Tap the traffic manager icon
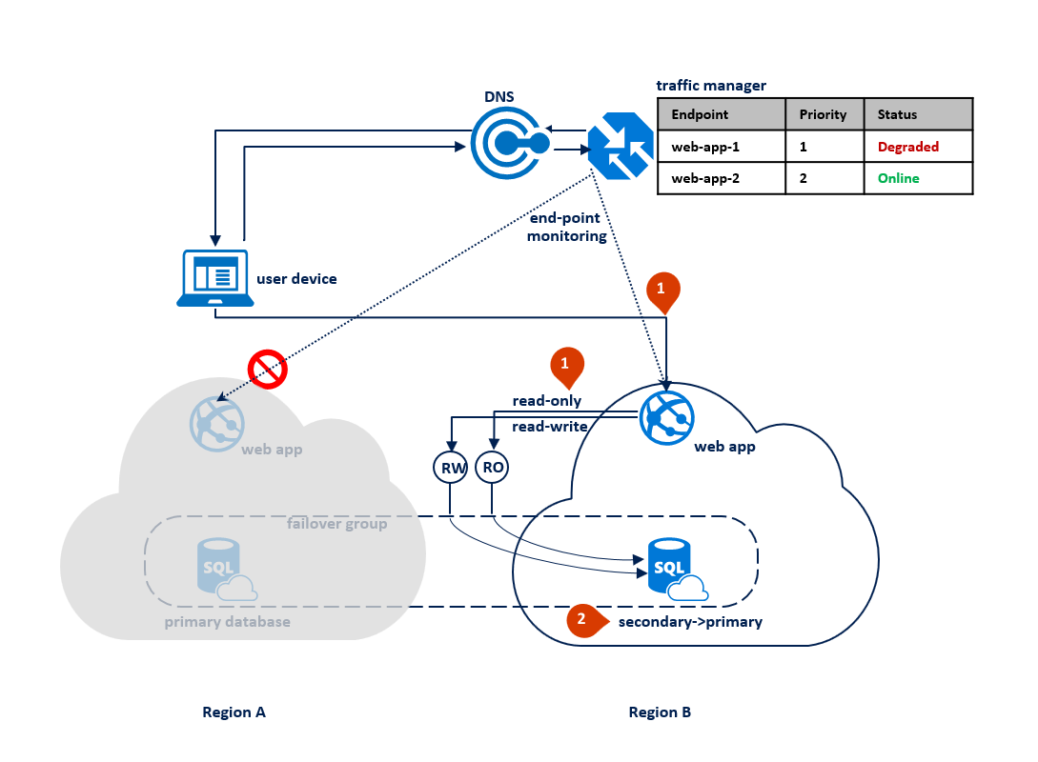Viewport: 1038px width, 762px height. coord(620,145)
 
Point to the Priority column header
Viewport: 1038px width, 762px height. coord(824,114)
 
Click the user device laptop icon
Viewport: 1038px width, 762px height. coord(215,277)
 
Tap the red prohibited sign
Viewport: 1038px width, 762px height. coord(268,369)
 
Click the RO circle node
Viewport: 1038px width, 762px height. coord(493,468)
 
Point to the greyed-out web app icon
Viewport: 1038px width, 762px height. coord(216,421)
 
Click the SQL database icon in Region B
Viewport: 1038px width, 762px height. coord(671,569)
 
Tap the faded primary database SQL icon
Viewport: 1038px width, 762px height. coord(219,569)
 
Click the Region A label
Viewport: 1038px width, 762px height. coord(234,712)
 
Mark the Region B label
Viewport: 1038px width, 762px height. coord(660,712)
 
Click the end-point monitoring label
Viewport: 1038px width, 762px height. coord(566,227)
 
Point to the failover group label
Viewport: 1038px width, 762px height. coord(336,524)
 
